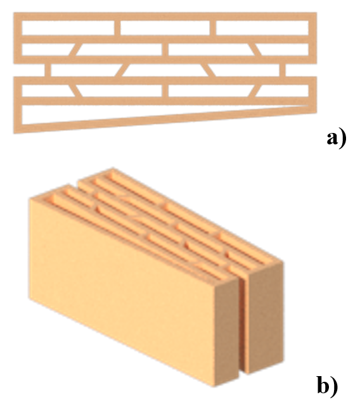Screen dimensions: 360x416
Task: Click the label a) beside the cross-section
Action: [337, 139]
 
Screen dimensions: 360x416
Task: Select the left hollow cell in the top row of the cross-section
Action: [68, 28]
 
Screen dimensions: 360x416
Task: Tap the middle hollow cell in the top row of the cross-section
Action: [165, 28]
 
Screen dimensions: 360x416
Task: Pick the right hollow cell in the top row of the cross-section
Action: [262, 28]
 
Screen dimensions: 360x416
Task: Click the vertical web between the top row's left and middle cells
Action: [117, 28]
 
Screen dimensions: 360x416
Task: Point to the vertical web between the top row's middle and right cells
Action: [213, 28]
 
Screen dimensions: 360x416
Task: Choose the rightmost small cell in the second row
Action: [284, 49]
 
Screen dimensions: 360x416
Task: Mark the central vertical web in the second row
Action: [165, 49]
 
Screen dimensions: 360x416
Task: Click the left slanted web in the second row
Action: [74, 49]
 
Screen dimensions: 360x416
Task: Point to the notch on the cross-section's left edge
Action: [29, 70]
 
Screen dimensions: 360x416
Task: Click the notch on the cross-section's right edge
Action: [302, 70]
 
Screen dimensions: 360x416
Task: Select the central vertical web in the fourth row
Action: [165, 91]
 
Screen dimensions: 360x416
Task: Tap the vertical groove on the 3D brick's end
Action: [243, 324]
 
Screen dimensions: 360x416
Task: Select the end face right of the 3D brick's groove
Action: [266, 316]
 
